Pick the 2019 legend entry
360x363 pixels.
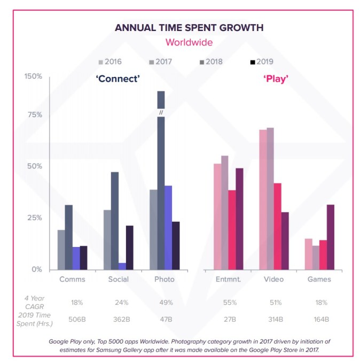tap(262, 61)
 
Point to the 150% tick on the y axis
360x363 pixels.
tap(34, 76)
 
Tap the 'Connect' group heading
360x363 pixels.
tap(118, 79)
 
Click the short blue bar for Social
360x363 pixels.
tap(122, 266)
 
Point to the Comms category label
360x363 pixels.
tap(73, 280)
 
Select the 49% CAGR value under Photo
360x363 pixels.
tap(167, 303)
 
